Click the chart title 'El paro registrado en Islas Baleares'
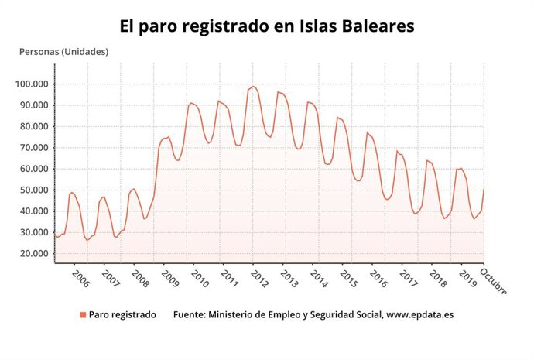[267, 26]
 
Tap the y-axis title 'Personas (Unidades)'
[63, 52]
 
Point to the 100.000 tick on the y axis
[31, 84]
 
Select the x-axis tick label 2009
[169, 279]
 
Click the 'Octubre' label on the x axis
[494, 281]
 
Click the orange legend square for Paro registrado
[83, 315]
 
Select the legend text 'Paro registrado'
[122, 315]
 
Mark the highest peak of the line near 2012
[253, 87]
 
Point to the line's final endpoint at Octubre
[484, 189]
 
